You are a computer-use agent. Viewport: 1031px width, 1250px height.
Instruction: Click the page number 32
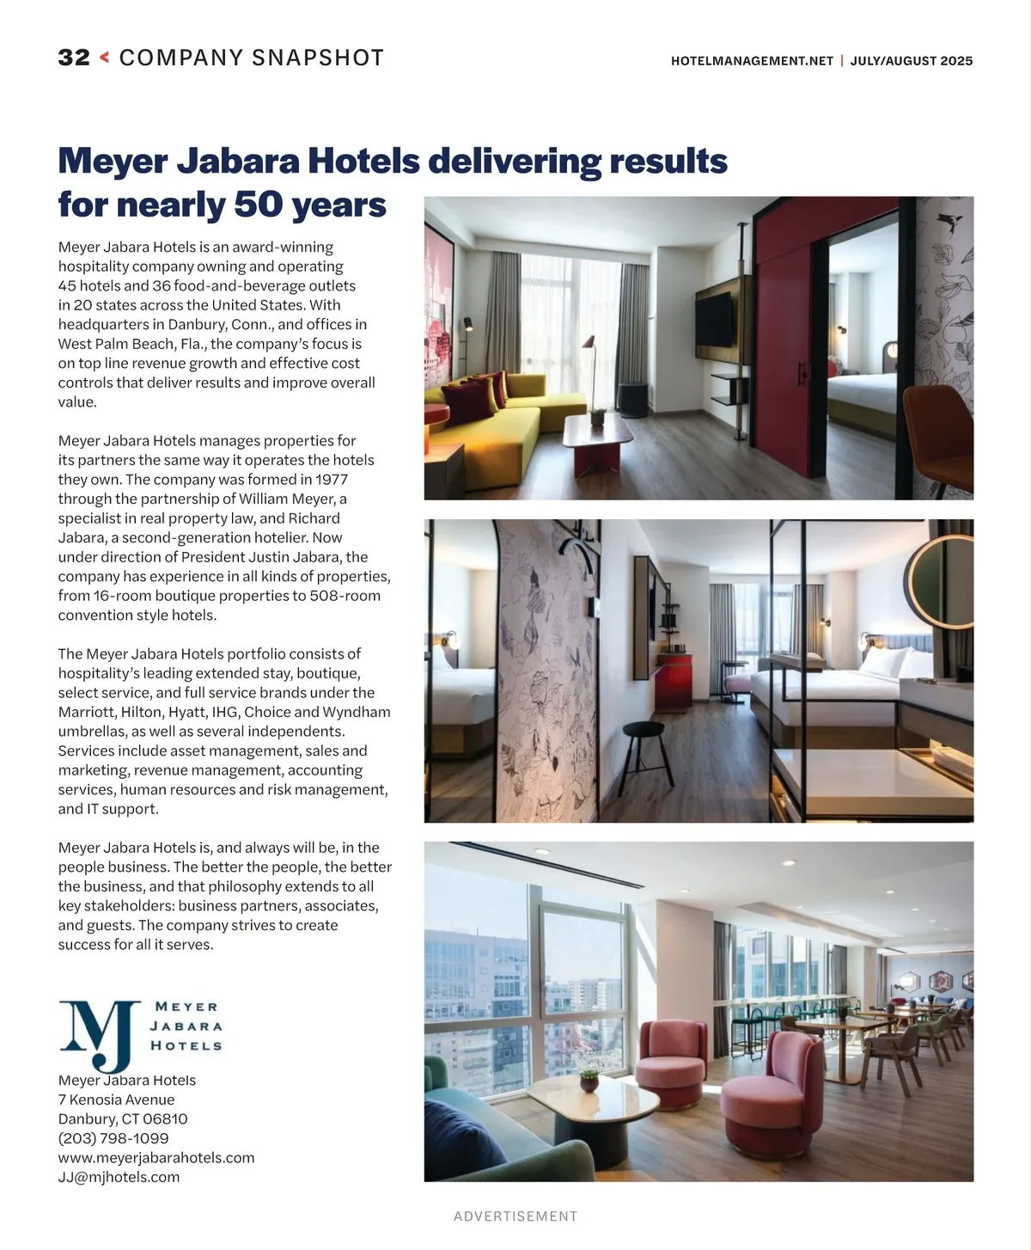tap(74, 58)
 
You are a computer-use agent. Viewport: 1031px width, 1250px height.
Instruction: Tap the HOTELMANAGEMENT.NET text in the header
tap(752, 61)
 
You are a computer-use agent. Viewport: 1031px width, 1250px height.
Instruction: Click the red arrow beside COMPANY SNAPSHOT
tap(105, 58)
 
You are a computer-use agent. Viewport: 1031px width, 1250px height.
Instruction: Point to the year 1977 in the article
tap(331, 480)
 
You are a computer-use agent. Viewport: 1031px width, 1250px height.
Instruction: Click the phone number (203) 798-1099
tap(113, 1138)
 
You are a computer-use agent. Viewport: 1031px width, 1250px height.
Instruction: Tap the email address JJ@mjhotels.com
tap(119, 1177)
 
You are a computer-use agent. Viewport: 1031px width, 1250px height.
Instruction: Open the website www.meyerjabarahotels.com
tap(156, 1158)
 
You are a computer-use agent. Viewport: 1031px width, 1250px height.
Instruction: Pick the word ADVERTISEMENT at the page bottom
tap(515, 1216)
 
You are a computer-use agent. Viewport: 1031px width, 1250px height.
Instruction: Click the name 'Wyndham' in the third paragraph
tap(361, 712)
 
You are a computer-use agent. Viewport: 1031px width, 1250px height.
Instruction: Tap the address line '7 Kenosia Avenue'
tap(116, 1100)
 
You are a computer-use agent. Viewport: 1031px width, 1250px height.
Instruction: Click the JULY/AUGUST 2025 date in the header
tap(912, 61)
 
